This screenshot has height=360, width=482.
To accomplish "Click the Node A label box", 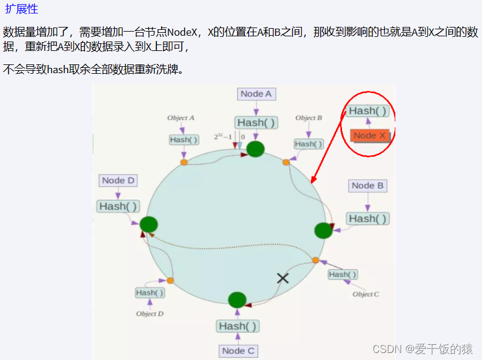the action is click(x=256, y=94).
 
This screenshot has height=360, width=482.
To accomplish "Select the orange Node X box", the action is click(x=370, y=135).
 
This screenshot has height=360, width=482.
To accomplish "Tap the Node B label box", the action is click(x=367, y=186).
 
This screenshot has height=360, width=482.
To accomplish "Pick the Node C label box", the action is click(x=238, y=351).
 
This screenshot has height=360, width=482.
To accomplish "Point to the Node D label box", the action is click(x=118, y=180).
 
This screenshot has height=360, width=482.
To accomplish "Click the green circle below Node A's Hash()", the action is click(x=255, y=149).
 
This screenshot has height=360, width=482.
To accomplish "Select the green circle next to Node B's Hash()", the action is click(x=323, y=230).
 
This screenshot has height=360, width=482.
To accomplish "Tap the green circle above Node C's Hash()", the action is click(x=237, y=300).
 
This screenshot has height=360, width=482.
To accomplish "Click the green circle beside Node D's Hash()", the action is click(x=149, y=224).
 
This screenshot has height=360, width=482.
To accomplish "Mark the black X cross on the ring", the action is click(x=283, y=278).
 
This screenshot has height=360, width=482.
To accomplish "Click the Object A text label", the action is click(x=181, y=118).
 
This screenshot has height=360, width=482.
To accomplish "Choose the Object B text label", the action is click(x=309, y=118).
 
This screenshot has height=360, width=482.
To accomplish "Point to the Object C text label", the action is click(x=365, y=294).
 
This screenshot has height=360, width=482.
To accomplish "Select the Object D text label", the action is click(x=150, y=314).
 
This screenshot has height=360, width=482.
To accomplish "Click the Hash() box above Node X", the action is click(x=368, y=111).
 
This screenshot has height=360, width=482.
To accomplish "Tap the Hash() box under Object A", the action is click(x=184, y=140).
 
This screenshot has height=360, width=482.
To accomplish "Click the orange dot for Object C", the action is click(x=316, y=260).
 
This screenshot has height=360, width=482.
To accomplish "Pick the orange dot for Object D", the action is click(x=170, y=281).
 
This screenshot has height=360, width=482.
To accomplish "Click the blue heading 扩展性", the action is click(x=22, y=9).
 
